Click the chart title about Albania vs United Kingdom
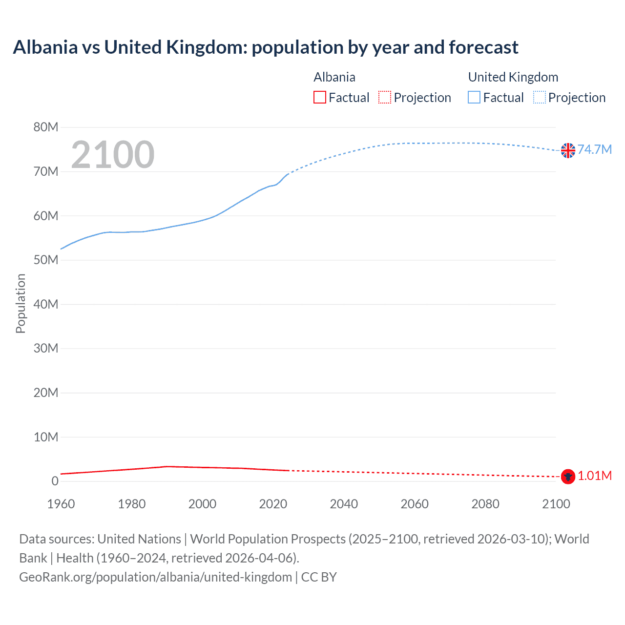tap(265, 47)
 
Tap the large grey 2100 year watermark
tap(113, 155)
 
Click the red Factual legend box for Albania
tap(320, 98)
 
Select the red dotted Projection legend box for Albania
tap(385, 98)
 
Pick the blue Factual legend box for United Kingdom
tap(474, 98)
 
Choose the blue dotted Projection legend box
tap(540, 98)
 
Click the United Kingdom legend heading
tap(513, 77)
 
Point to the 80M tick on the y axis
tap(46, 127)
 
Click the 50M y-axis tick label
tap(46, 260)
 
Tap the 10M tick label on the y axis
tap(46, 437)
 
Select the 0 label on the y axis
tap(55, 481)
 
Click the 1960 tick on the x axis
tap(61, 504)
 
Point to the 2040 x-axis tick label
tap(344, 504)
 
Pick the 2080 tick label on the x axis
tap(485, 504)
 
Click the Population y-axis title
tap(21, 303)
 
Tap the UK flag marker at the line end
tap(568, 150)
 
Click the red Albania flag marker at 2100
tap(568, 477)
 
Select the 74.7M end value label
tap(595, 149)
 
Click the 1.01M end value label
tap(595, 476)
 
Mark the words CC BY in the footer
tap(319, 577)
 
